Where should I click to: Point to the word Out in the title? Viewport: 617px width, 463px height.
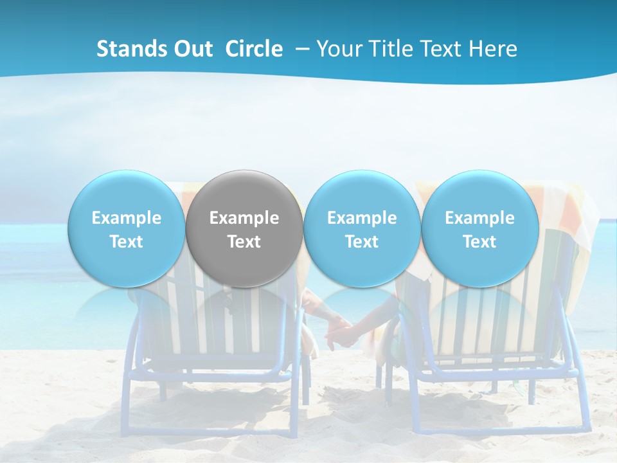193,49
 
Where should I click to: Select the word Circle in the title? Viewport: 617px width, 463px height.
254,49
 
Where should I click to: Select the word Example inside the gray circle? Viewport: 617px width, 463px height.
244,218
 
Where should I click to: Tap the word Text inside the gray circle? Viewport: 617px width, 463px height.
244,242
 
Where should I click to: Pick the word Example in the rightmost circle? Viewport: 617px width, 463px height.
479,218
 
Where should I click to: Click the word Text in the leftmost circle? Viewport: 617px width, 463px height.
126,242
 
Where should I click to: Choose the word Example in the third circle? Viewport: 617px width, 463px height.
362,218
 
